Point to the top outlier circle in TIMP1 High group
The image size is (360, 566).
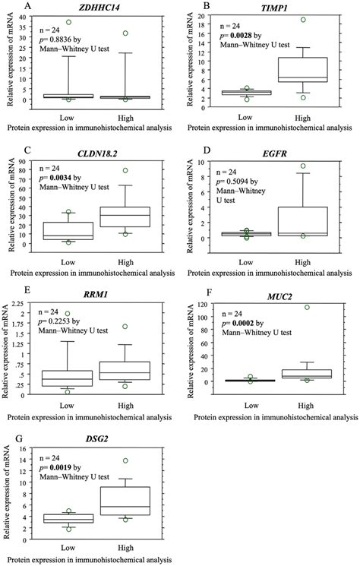[303, 20]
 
